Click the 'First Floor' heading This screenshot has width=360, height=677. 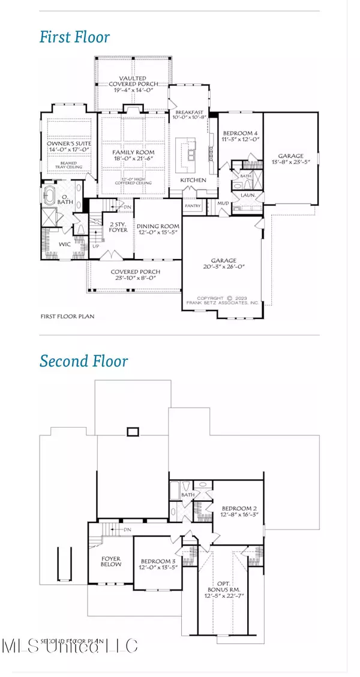(74, 37)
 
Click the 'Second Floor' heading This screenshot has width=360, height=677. (83, 361)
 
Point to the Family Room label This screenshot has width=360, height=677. (133, 157)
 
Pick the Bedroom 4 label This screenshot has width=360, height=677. (239, 136)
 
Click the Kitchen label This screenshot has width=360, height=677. (193, 180)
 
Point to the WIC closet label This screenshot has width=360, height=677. (65, 245)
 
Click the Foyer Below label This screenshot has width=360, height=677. (110, 562)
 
